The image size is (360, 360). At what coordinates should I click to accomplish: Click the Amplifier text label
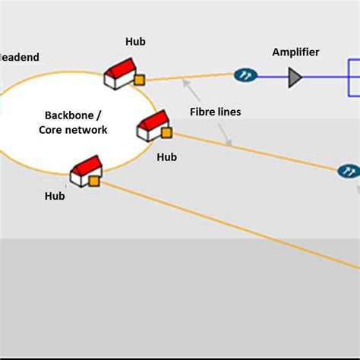(295, 52)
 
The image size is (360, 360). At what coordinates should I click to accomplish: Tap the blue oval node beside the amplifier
(245, 74)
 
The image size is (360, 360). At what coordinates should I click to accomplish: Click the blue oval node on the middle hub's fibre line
(348, 172)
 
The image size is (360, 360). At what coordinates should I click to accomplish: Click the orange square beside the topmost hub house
(139, 79)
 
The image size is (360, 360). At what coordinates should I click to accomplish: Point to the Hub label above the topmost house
(135, 43)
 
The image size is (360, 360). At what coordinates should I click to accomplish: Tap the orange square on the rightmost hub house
(166, 132)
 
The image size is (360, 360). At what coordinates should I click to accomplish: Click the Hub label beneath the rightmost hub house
(166, 157)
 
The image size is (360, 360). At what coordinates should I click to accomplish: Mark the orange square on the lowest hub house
(94, 181)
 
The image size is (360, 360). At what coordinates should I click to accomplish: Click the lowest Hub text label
(55, 196)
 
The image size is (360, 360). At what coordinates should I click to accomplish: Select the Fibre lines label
(215, 112)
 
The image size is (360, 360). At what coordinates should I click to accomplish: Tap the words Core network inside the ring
(73, 130)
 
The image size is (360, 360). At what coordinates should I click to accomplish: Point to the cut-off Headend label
(19, 58)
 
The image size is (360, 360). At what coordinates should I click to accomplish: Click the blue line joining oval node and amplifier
(272, 75)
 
